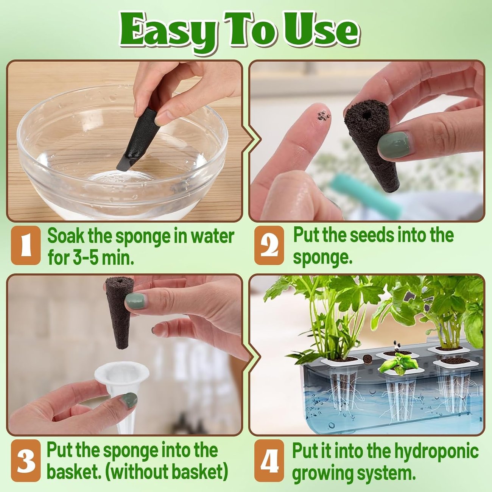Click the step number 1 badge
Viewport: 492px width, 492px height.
click(25, 245)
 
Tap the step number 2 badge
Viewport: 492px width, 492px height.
click(269, 245)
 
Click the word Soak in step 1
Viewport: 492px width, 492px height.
click(66, 236)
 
